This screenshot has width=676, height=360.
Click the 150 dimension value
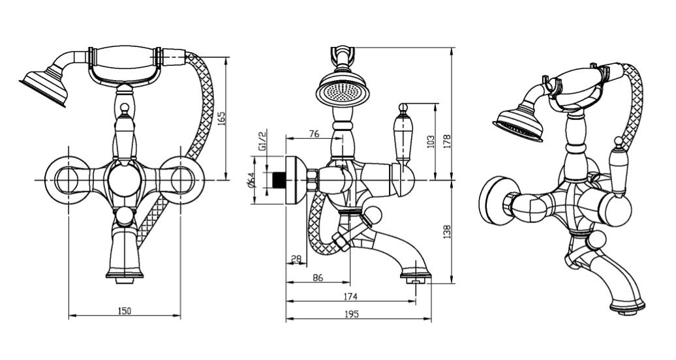pos(124,310)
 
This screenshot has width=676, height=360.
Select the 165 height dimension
pos(221,119)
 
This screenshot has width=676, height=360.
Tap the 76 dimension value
pos(313,134)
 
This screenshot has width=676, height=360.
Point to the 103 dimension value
pos(430,141)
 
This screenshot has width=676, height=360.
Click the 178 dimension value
pos(448,141)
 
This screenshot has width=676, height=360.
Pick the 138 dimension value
pos(448,232)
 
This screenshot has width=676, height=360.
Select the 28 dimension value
pos(296,259)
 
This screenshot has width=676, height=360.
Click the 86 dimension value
pos(317,277)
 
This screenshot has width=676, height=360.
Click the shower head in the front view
pos(44,87)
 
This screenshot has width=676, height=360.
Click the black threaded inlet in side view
pos(279,181)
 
